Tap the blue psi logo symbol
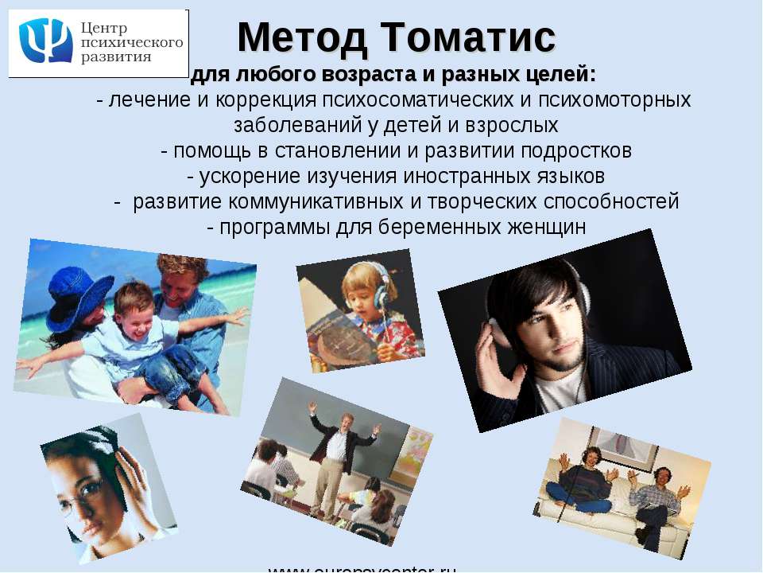click(45, 41)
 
